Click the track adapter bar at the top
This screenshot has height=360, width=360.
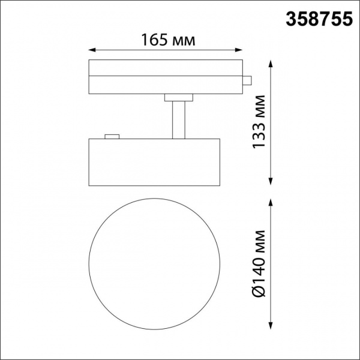(165, 76)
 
